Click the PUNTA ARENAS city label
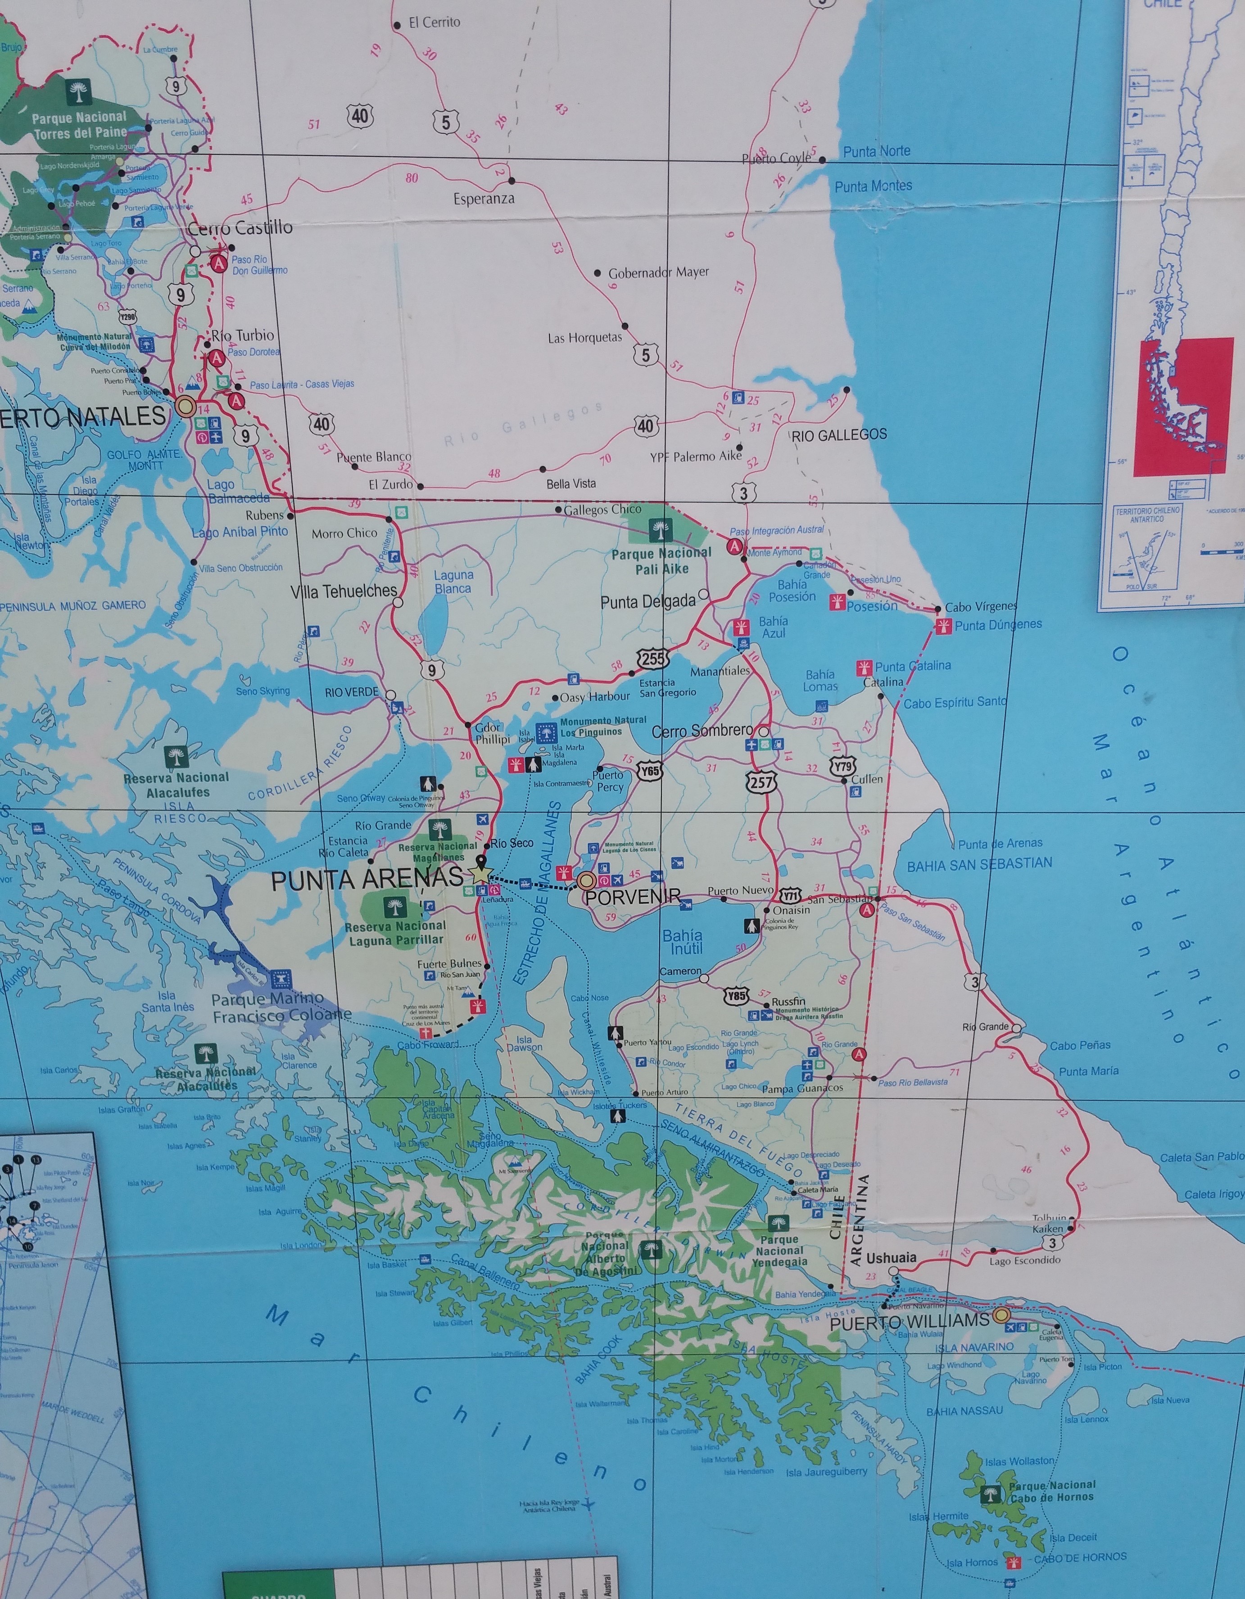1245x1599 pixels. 367,879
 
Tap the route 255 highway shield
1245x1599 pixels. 652,658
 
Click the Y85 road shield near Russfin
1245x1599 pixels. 737,996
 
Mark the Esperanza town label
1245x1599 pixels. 484,199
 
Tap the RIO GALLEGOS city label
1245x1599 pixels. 839,434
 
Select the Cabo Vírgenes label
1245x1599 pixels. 981,606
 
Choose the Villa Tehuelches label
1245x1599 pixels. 344,591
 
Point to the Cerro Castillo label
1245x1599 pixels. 240,228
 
